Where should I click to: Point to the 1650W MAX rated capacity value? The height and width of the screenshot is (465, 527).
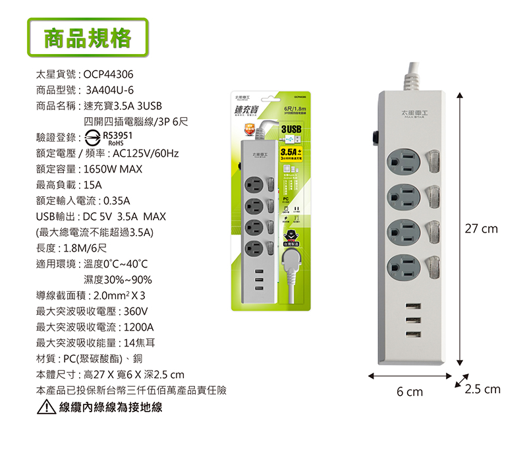113,169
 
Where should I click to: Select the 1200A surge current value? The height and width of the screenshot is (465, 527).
139,327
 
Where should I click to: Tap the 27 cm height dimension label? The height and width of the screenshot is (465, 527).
481,229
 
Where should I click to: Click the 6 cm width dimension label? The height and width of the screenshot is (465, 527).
410,392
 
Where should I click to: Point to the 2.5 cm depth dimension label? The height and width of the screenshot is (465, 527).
482,389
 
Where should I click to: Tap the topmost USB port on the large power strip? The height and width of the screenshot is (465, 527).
413,307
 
